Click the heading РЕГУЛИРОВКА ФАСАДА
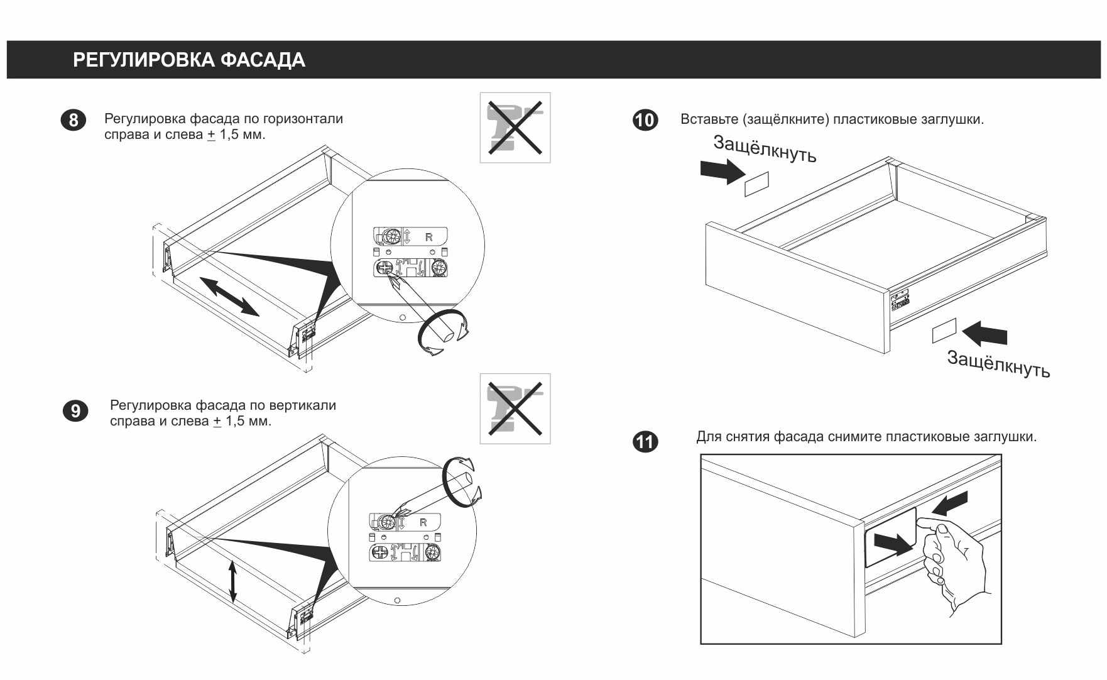coord(189,60)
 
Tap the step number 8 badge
coord(73,120)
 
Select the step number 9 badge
coord(75,411)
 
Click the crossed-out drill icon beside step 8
coord(515,128)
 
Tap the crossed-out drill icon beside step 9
coord(515,409)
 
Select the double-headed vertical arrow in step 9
coord(233,581)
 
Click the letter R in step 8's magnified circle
coord(429,238)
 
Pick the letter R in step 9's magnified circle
coord(423,522)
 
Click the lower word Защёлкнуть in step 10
coord(998,365)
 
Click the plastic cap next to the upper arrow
coord(756,184)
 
